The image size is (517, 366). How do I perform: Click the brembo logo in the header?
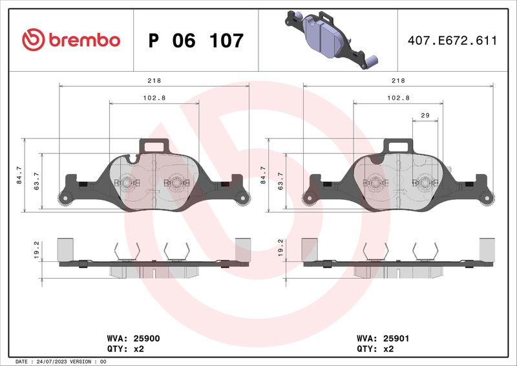(x=71, y=40)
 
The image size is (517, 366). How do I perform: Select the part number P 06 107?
(x=196, y=41)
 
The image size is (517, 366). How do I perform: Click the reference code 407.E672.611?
(x=452, y=41)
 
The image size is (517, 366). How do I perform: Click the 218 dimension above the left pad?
(x=154, y=80)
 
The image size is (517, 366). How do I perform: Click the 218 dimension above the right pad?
(x=399, y=80)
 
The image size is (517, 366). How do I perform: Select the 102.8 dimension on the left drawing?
(x=154, y=98)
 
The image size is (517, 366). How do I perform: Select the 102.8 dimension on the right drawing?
(x=399, y=98)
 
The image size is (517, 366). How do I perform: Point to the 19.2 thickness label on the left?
(x=36, y=249)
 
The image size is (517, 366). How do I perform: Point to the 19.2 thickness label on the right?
(x=280, y=249)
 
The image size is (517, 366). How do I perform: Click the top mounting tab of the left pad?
(x=154, y=145)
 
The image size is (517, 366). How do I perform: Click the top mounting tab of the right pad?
(x=398, y=145)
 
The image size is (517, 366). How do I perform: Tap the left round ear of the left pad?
(x=64, y=199)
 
